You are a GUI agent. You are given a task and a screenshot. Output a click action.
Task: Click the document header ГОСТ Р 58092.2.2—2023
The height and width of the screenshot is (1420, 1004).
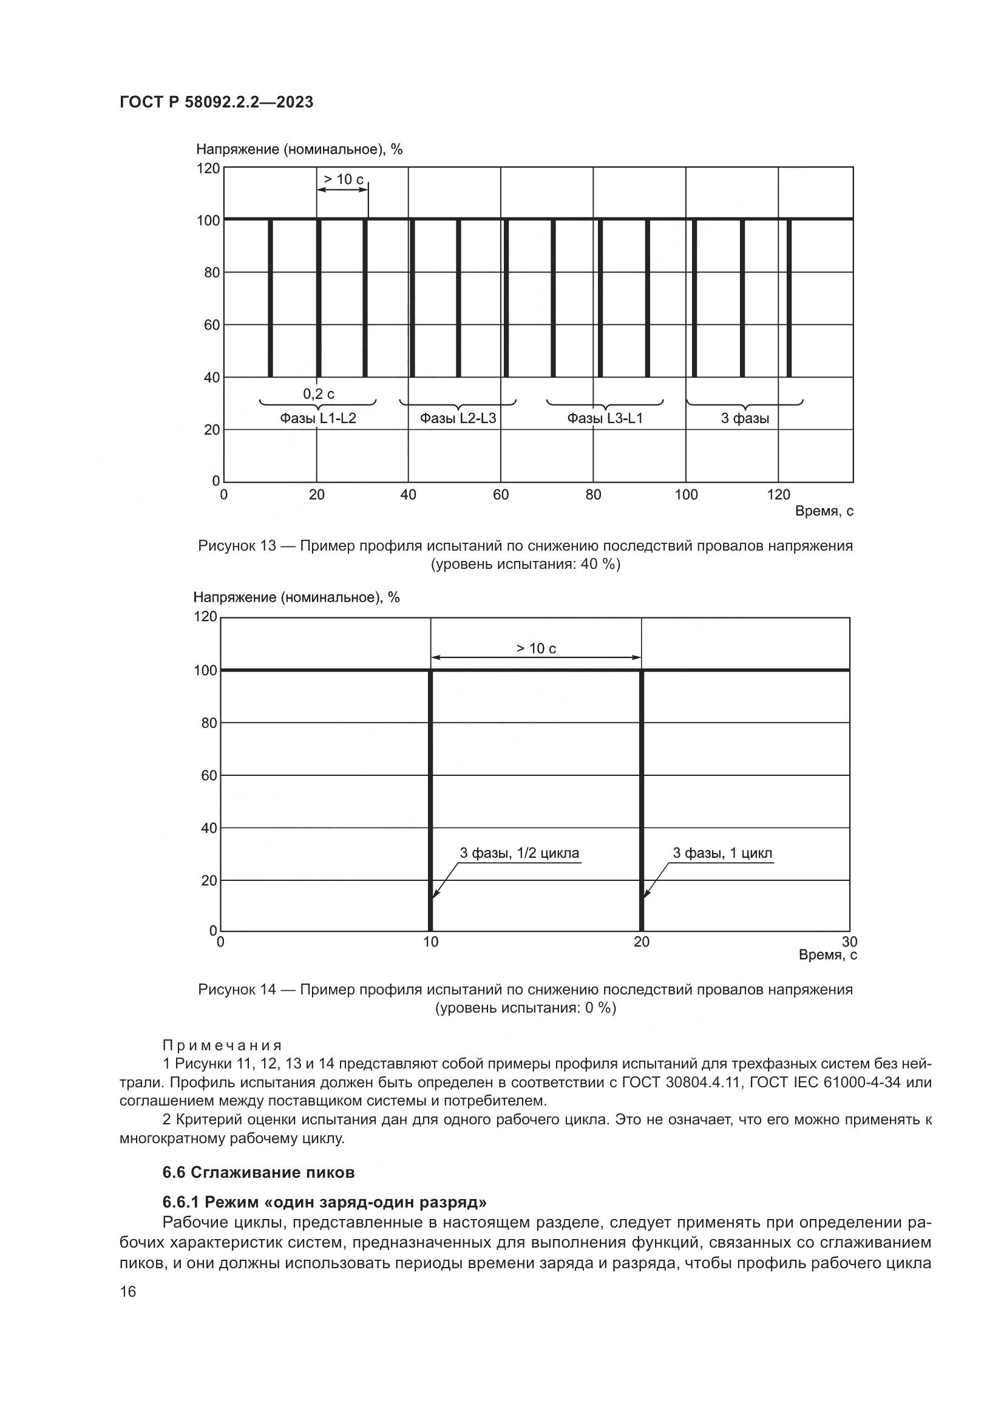[x=216, y=102]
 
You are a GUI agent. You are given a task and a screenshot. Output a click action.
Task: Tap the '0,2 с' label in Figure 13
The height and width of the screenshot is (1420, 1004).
[x=319, y=394]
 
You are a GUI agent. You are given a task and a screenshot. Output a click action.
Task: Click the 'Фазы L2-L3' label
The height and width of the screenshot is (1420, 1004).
[x=458, y=419]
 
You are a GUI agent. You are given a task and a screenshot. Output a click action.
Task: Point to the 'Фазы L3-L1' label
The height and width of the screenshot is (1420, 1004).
[x=605, y=419]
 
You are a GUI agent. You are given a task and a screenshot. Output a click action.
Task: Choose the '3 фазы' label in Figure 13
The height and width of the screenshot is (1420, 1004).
[x=745, y=419]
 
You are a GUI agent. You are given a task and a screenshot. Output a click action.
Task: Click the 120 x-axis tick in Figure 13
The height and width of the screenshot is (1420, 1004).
[x=778, y=495]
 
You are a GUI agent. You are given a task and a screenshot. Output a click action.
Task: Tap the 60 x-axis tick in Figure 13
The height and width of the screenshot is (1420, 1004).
[x=501, y=495]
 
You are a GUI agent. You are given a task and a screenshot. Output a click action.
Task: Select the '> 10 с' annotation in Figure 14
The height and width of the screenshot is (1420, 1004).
[x=536, y=648]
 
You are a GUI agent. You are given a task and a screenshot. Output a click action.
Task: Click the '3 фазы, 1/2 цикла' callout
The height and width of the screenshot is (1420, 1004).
[x=520, y=854]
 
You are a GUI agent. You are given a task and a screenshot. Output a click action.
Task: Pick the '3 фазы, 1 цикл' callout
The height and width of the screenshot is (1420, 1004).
[x=722, y=854]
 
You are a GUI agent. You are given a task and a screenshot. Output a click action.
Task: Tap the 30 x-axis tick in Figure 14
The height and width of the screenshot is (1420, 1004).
[x=849, y=942]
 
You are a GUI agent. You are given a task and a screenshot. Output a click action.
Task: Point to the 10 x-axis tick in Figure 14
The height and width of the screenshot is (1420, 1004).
[x=431, y=942]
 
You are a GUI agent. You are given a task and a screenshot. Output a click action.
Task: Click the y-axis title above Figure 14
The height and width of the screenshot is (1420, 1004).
[x=297, y=597]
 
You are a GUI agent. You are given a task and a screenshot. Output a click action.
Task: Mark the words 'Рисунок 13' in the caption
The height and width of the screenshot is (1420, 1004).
[x=237, y=546]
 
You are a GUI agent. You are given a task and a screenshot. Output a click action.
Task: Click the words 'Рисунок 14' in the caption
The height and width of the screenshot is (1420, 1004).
[x=237, y=990]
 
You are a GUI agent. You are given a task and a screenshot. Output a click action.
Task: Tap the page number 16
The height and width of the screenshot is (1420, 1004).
[x=128, y=1292]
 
